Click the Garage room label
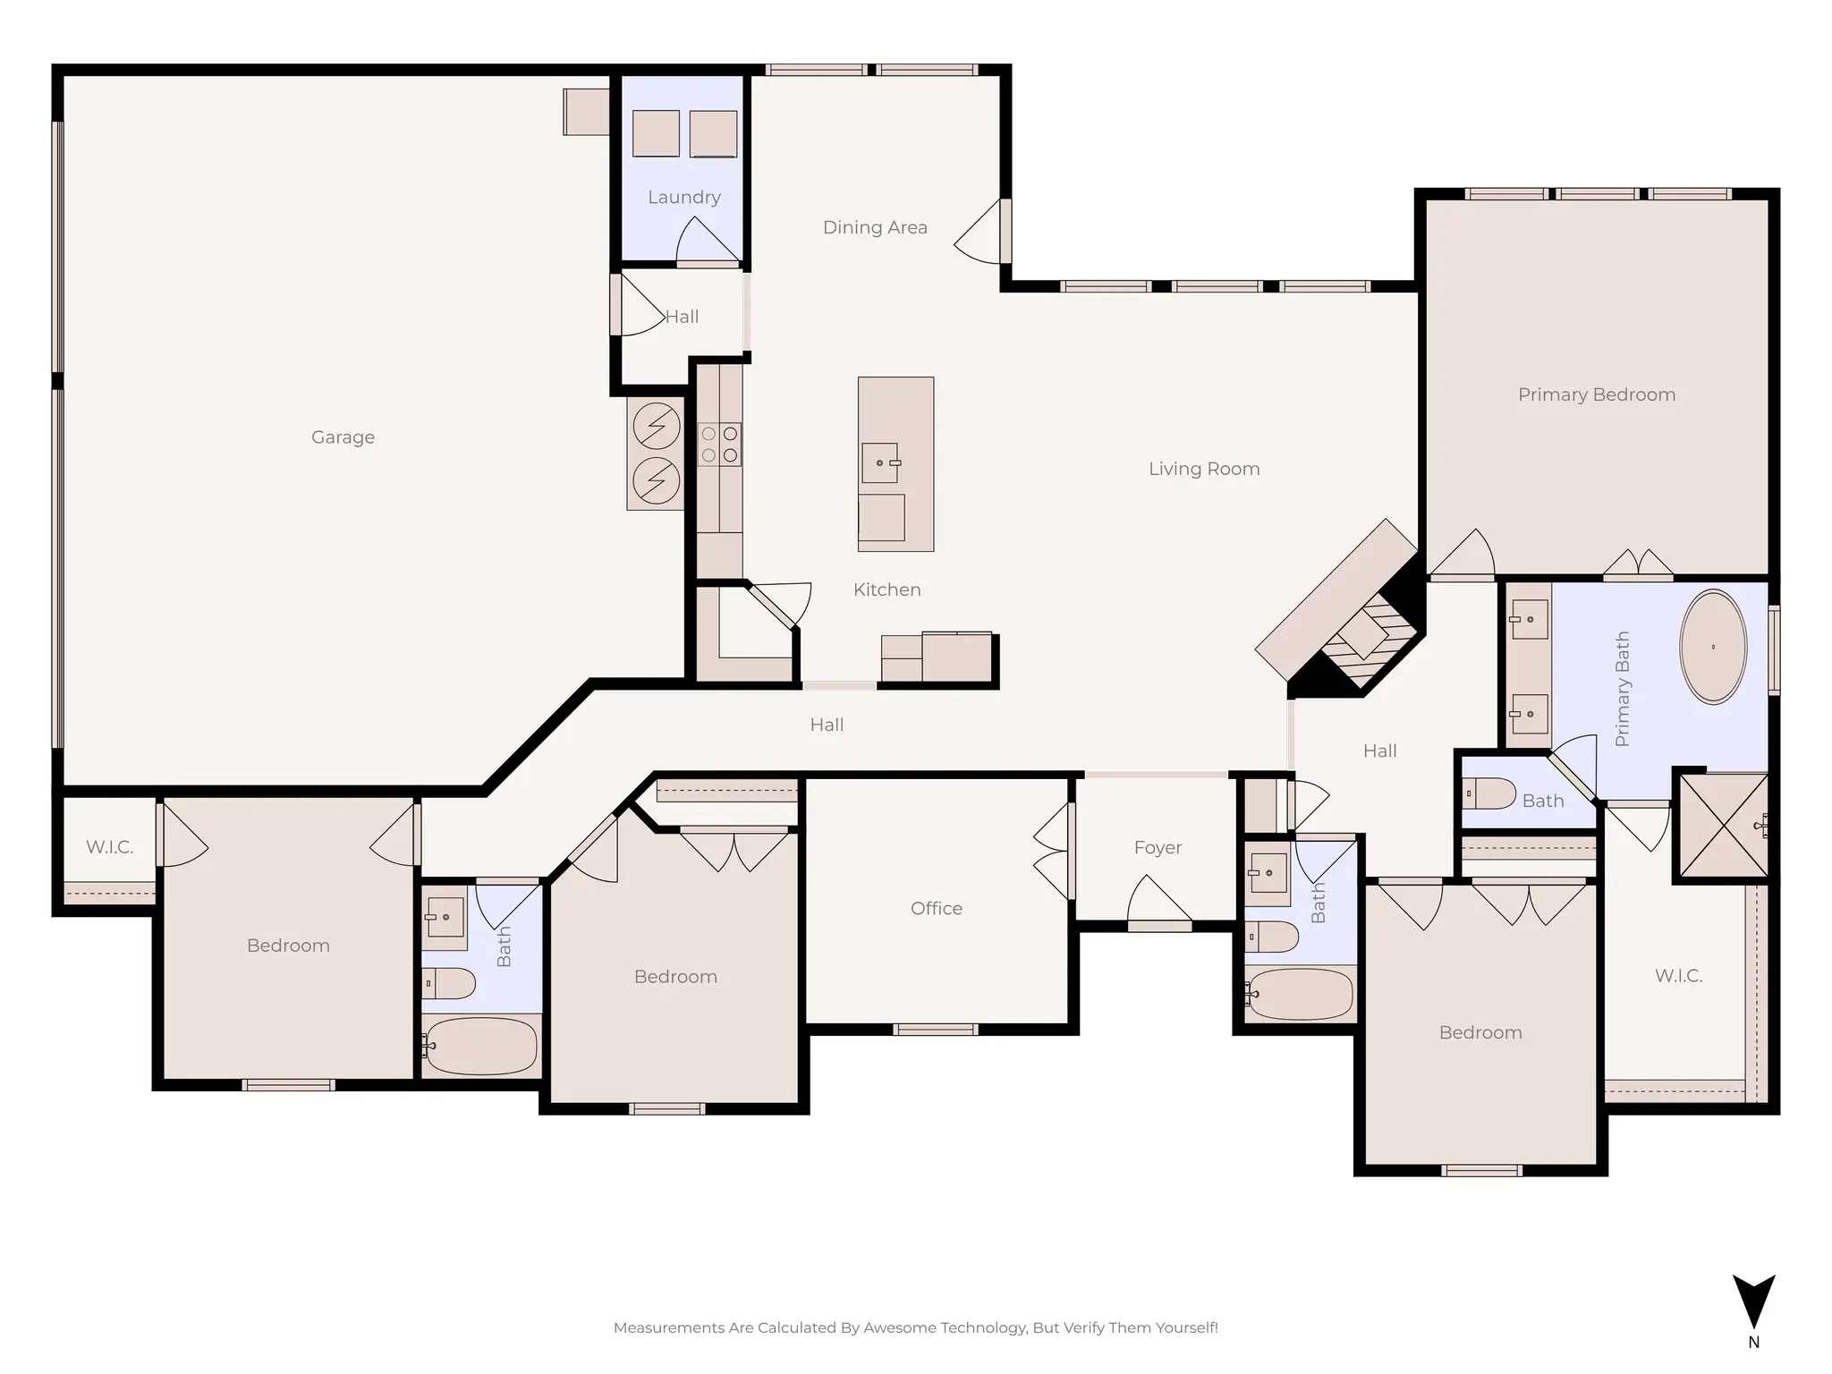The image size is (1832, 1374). coord(343,437)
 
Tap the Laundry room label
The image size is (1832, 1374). coord(683,198)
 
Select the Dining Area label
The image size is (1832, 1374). coord(875,228)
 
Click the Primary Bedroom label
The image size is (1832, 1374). coord(1596,394)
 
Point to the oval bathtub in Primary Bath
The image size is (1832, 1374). coord(1712,646)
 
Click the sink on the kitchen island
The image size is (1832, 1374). coord(880,463)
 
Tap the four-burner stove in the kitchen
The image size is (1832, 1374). coord(719,445)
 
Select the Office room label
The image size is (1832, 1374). coord(937,909)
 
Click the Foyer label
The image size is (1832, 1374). coord(1158,848)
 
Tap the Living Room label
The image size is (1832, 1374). coord(1203,469)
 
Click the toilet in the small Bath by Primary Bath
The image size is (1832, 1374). coord(1488,793)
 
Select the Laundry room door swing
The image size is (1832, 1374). coord(707,242)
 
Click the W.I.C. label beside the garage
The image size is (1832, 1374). coord(109,847)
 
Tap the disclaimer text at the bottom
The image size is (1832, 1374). coord(915,1327)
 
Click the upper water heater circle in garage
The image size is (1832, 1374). coord(656,426)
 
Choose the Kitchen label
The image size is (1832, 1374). coord(886,590)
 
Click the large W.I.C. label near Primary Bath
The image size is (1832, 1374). coord(1677,976)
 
